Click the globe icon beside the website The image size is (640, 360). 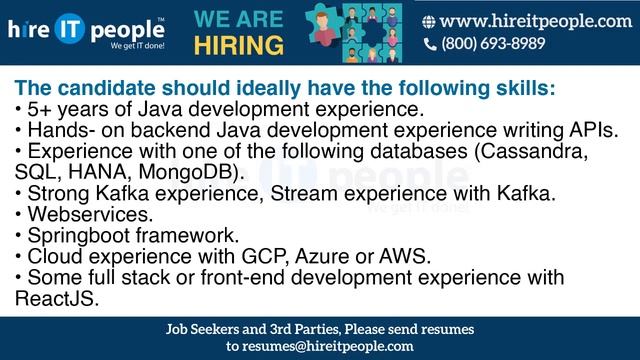tap(429, 21)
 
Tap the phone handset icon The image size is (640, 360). tap(430, 44)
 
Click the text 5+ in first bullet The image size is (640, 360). tap(41, 108)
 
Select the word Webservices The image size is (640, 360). tap(91, 214)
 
